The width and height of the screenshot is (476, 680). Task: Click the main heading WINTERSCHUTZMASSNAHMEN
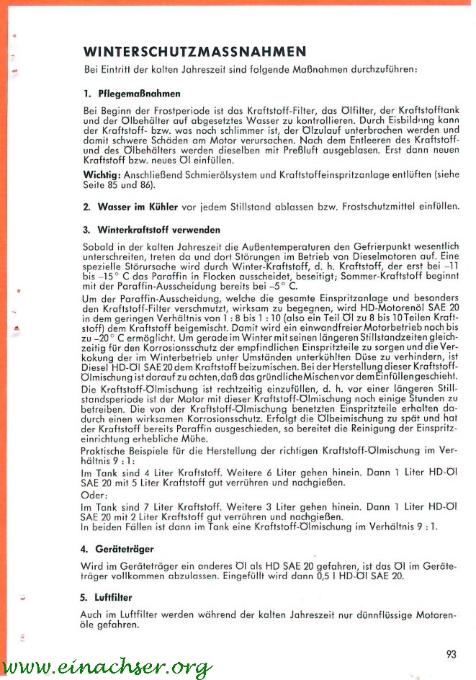tap(194, 53)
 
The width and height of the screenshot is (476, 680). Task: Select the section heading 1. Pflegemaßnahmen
tap(131, 94)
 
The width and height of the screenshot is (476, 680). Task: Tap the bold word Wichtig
tap(102, 176)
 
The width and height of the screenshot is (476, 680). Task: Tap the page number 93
tap(452, 655)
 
